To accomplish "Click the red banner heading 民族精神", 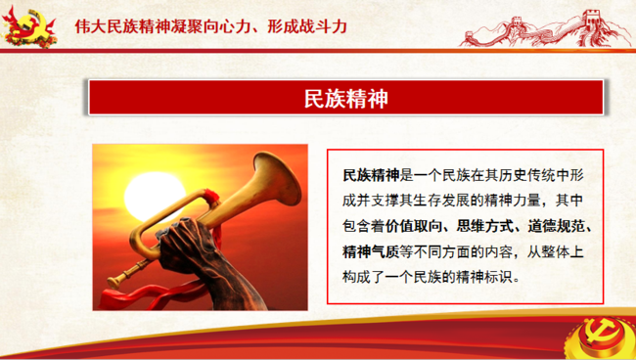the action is coord(346,98).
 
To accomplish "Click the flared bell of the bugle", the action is coord(277,178).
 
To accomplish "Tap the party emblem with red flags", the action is coord(28,26).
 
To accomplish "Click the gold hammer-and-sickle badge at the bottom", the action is coord(602,338).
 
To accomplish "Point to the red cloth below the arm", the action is coord(155,295).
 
